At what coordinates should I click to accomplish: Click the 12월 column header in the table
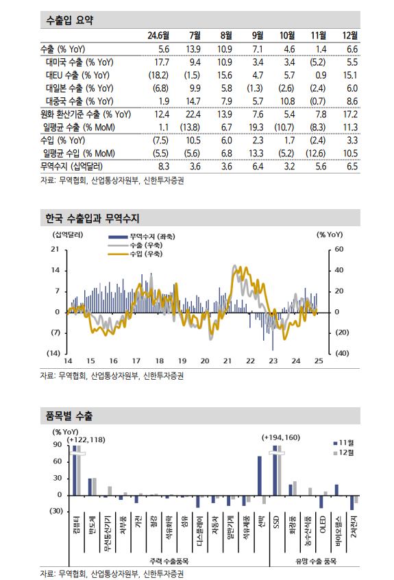349,35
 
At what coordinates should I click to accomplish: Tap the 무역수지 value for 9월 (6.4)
258,167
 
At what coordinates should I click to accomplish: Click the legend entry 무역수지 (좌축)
151,237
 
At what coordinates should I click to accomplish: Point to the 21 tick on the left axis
54,250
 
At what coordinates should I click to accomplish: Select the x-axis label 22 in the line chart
250,361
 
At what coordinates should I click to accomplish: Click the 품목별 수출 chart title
69,415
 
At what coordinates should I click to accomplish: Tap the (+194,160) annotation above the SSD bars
281,437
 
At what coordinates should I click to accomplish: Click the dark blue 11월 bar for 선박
260,475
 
